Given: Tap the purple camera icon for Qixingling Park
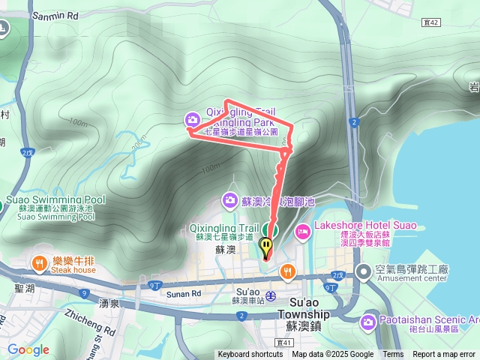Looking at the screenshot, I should point(193,118).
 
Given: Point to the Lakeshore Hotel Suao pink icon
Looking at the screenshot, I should point(302,231).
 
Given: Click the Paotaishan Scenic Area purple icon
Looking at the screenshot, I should point(367,323).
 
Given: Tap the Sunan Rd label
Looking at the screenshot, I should point(184,294).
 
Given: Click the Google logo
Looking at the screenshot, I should point(28,349).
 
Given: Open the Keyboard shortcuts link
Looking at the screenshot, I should point(250,355).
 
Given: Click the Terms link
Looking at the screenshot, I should point(393,355).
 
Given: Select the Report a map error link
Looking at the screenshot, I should point(444,355).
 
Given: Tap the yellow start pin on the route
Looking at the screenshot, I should point(266,246).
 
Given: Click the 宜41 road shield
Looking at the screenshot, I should point(283,343).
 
